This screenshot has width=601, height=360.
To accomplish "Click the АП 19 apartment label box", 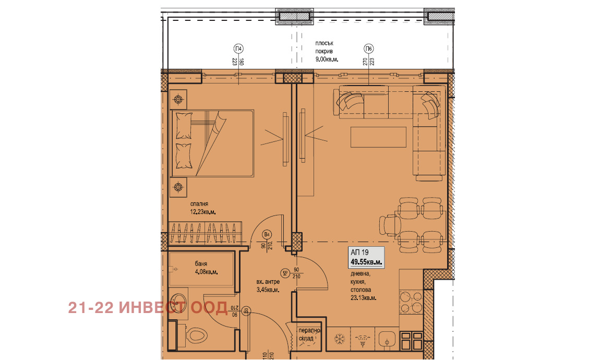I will pos(366,257).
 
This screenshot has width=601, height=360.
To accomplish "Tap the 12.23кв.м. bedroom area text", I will pos(202,212).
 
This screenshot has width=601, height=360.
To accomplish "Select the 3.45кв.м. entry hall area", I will pos(268,290).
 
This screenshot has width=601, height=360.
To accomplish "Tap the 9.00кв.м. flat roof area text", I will pos(327,59).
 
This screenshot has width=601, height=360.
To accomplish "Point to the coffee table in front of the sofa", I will pos(378,137).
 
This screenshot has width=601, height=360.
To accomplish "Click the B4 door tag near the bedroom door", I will pos(267,235).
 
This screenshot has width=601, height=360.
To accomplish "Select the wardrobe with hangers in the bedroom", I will pos(207,233).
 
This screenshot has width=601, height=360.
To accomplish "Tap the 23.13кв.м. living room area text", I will pos(364,298).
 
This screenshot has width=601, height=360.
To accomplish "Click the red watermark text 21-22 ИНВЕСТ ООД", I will pos(148,308).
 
